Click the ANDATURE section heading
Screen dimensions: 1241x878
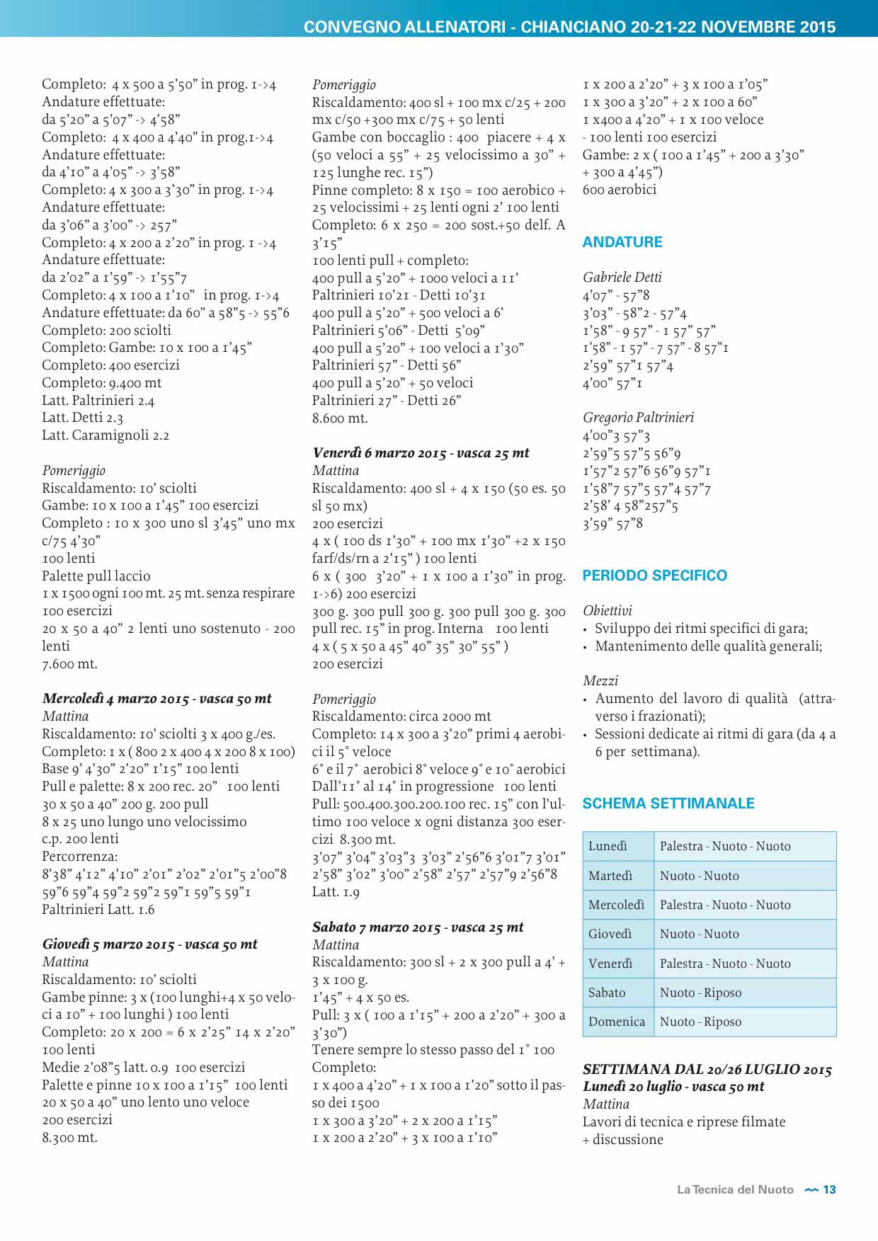coord(622,242)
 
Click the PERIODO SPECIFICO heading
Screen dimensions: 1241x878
coord(654,576)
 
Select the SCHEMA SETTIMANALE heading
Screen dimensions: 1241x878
coord(668,803)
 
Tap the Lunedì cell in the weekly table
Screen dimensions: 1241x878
coord(608,846)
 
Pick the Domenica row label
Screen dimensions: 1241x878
coord(617,1022)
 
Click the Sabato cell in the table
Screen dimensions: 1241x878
coord(607,993)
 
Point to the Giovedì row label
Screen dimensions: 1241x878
coord(610,934)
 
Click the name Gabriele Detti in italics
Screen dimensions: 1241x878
coord(622,277)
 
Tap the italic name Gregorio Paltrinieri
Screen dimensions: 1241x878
coord(638,417)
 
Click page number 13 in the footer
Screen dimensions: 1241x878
coord(829,1189)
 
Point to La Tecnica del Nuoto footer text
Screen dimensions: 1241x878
coord(735,1189)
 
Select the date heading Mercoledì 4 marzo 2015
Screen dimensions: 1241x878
coord(156,699)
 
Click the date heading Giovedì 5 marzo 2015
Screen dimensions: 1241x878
coord(149,944)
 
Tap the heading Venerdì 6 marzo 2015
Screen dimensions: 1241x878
coord(421,453)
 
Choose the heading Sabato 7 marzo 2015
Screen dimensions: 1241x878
coord(418,927)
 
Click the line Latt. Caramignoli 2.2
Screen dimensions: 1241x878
coord(106,435)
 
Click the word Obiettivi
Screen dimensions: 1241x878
coord(608,610)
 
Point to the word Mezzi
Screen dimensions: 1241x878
coord(600,680)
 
